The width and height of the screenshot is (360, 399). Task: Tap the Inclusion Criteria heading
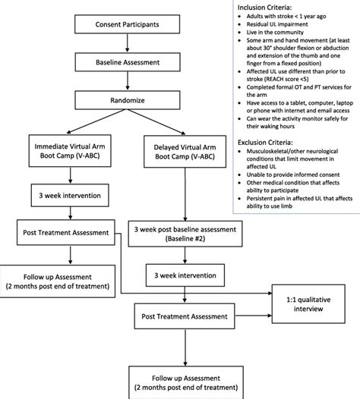(x=264, y=8)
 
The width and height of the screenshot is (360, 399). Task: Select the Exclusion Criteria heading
(x=266, y=142)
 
